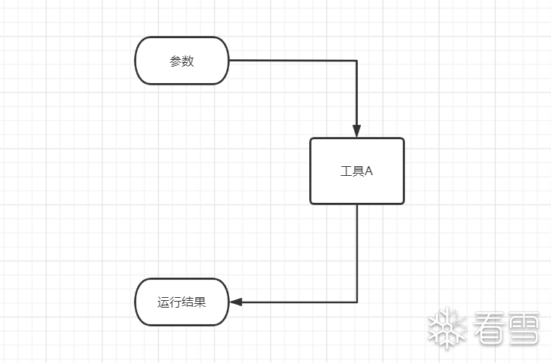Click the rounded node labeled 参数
[x=182, y=61]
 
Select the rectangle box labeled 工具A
[x=357, y=171]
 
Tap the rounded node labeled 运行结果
[x=182, y=302]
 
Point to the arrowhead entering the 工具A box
[x=357, y=130]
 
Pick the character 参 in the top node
[x=175, y=61]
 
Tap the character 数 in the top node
[x=188, y=61]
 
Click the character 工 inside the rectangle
[x=346, y=171]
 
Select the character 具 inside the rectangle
[x=358, y=171]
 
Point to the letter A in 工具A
[x=368, y=171]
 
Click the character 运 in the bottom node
[x=163, y=303]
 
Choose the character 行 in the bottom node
[x=175, y=303]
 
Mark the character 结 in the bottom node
[x=188, y=303]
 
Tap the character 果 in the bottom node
[x=200, y=303]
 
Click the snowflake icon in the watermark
[x=447, y=328]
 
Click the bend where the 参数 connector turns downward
[x=357, y=61]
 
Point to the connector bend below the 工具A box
[x=357, y=302]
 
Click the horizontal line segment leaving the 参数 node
[x=292, y=61]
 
